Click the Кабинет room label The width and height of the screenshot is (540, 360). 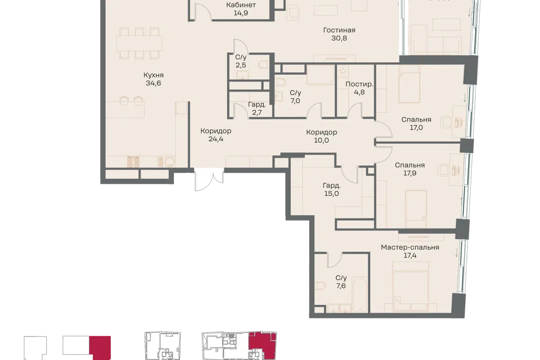pyautogui.click(x=241, y=5)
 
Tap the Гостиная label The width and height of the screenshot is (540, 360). pyautogui.click(x=339, y=30)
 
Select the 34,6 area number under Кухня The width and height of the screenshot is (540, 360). pyautogui.click(x=153, y=83)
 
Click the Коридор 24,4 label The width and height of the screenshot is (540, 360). pyautogui.click(x=216, y=134)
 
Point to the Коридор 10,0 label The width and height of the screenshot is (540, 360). pyautogui.click(x=321, y=136)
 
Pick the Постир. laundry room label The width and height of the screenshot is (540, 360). pyautogui.click(x=359, y=84)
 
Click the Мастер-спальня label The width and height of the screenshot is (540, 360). pyautogui.click(x=410, y=247)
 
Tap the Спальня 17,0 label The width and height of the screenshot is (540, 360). pyautogui.click(x=416, y=123)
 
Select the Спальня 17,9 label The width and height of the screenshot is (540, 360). pyautogui.click(x=410, y=169)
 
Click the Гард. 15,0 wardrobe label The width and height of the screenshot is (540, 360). pyautogui.click(x=331, y=190)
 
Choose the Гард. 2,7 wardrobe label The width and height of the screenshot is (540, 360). pyautogui.click(x=257, y=108)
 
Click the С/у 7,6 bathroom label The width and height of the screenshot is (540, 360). pyautogui.click(x=341, y=281)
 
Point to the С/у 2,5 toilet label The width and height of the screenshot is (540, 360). pyautogui.click(x=241, y=61)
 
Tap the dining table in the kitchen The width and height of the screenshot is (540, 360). pyautogui.click(x=139, y=43)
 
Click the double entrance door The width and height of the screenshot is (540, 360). pyautogui.click(x=209, y=179)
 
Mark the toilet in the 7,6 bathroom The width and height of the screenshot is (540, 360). pyautogui.click(x=321, y=286)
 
